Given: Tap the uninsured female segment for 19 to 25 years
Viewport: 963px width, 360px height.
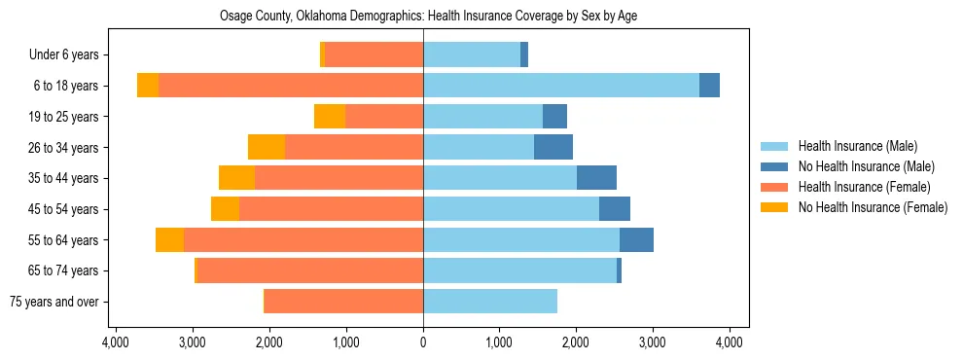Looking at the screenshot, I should pos(330,117).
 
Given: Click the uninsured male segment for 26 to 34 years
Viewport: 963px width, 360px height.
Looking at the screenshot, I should pos(553,147).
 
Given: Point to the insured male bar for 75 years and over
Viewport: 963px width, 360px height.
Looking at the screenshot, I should pos(490,302).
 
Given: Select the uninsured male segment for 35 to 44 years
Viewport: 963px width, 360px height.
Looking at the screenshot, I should pos(596,178).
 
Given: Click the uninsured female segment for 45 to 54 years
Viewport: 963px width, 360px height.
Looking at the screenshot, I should pos(225,209).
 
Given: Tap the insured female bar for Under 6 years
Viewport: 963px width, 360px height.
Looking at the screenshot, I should pos(374,55).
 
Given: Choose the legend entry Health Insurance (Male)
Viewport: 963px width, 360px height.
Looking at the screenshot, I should pos(857,146).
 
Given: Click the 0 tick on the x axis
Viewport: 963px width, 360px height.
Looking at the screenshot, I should pos(423,342).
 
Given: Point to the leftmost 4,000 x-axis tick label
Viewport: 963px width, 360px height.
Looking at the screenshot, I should pos(116,342).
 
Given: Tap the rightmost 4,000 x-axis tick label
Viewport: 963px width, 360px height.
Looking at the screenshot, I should pos(730,342).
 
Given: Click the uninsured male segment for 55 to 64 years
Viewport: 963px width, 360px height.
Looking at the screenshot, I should pos(636,239).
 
